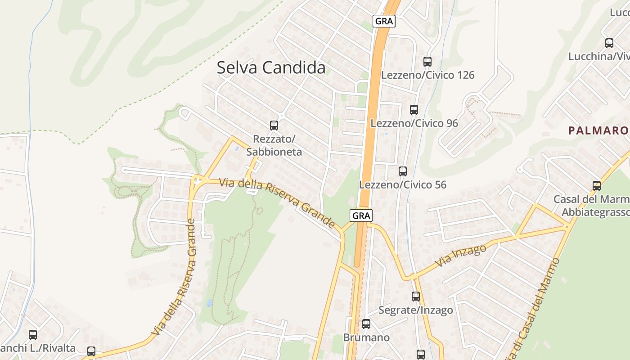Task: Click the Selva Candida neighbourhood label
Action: (x=271, y=67)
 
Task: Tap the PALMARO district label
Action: (x=598, y=130)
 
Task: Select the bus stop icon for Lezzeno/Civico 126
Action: (x=427, y=62)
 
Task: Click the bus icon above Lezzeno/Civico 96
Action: (x=414, y=109)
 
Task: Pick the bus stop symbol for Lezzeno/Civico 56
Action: (x=402, y=171)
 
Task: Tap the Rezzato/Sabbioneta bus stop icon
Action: (x=274, y=126)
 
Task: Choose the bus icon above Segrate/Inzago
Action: (x=415, y=297)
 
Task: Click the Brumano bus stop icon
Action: (x=366, y=324)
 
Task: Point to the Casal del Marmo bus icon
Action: (x=596, y=185)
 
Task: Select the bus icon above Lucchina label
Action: (x=609, y=43)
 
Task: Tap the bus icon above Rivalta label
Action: (x=33, y=335)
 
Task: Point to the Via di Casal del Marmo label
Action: (x=530, y=310)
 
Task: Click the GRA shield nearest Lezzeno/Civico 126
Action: (x=384, y=21)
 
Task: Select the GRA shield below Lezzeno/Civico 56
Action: (x=361, y=216)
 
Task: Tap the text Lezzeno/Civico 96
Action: (x=414, y=123)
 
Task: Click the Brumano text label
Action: (x=366, y=337)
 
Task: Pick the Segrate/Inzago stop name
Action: (x=415, y=310)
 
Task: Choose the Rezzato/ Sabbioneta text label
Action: (x=274, y=145)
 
